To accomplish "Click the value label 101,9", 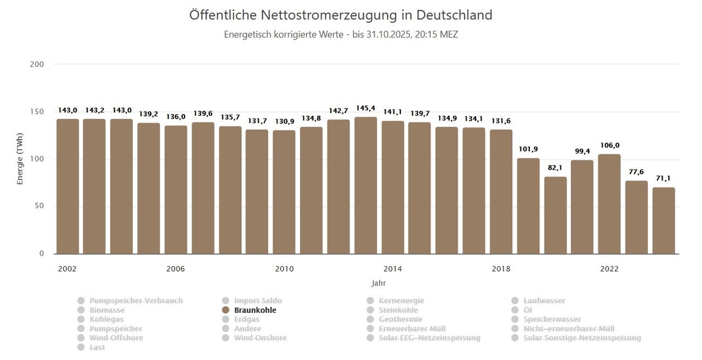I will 528,150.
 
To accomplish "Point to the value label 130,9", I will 284,122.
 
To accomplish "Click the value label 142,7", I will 338,111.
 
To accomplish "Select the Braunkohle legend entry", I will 255,310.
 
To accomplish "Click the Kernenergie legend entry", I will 401,301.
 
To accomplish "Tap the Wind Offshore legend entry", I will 116,338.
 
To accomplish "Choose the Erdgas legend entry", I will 246,319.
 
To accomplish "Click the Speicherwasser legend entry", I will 552,319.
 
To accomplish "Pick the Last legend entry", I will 97,347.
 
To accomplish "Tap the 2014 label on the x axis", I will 393,269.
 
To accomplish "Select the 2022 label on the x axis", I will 609,269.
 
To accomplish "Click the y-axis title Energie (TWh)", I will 20,159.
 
